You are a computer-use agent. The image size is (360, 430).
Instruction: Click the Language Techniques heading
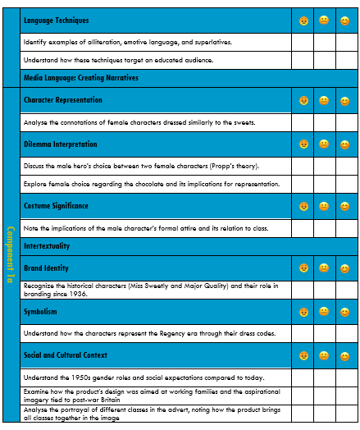click(56, 20)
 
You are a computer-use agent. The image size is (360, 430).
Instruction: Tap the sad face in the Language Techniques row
click(303, 20)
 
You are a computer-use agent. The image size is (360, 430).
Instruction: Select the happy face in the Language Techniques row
click(345, 20)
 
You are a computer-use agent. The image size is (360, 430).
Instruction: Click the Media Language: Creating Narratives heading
click(80, 78)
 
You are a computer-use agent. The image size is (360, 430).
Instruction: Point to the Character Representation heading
click(63, 100)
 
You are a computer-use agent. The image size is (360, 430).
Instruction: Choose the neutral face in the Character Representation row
click(324, 101)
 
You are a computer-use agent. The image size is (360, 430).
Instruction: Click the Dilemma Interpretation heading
click(61, 144)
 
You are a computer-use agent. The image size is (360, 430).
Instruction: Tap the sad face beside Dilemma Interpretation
click(303, 145)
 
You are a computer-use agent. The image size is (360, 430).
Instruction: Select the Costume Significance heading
click(56, 205)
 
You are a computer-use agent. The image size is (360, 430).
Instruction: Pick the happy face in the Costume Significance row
click(345, 206)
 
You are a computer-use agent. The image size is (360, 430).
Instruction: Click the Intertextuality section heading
click(47, 245)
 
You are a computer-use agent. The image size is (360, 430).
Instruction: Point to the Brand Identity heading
click(46, 268)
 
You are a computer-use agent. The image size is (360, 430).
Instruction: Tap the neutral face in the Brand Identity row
click(324, 268)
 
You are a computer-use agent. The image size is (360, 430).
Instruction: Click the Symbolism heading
click(40, 312)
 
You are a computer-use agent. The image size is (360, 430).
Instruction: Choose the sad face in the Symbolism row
click(303, 313)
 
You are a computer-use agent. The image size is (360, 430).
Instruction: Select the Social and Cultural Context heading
click(66, 355)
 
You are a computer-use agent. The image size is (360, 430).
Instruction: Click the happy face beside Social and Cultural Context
click(345, 356)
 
